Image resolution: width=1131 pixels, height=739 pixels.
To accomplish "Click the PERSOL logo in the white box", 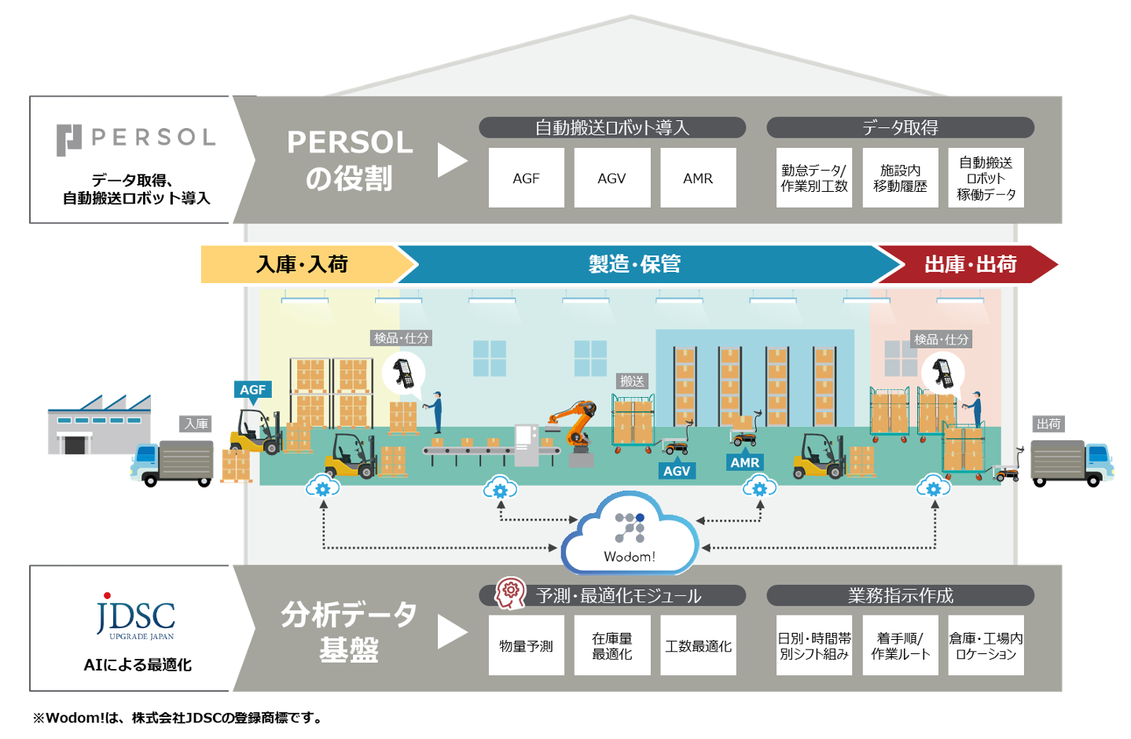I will (x=135, y=138).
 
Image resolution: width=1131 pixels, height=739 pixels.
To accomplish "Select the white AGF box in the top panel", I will (x=526, y=178).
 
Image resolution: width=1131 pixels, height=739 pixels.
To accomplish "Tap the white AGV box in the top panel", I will (x=611, y=178).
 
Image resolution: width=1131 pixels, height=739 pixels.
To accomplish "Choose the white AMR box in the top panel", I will (x=698, y=178).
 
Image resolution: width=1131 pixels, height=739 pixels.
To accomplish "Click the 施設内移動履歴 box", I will (x=900, y=178).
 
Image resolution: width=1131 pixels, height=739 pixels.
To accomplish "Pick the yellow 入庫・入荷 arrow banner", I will (x=303, y=264).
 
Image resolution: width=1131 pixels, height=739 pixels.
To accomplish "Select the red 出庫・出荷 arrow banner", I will (x=970, y=264).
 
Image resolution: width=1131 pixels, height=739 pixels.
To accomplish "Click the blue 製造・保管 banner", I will (x=635, y=264).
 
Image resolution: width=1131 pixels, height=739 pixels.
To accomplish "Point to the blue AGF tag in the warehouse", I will (x=252, y=390).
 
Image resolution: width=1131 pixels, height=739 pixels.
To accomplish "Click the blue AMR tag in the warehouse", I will (x=744, y=462).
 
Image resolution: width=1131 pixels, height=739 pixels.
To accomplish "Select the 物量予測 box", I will (x=526, y=646).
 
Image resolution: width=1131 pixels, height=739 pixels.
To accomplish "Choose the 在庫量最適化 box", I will (x=611, y=646).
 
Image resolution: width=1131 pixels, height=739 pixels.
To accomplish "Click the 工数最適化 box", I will (x=698, y=646).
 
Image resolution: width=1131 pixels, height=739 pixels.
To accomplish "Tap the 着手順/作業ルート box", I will (x=900, y=646).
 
